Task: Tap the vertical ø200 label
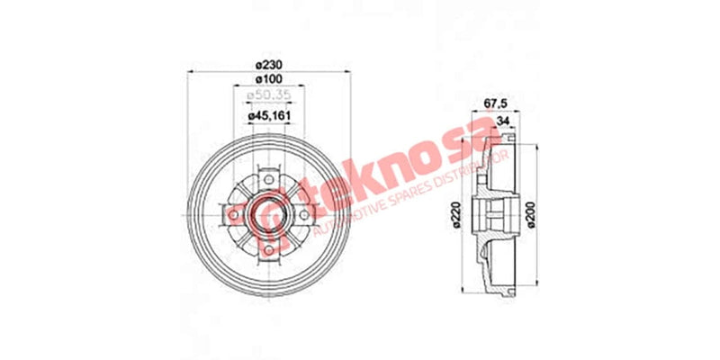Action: (x=543, y=213)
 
